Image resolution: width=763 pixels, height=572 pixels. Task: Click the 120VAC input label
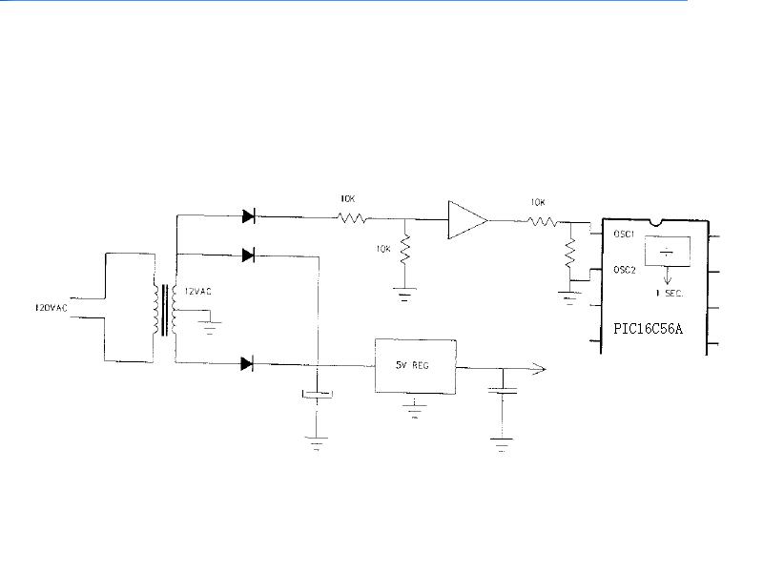(52, 308)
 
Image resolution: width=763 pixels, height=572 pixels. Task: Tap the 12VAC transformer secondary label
(197, 292)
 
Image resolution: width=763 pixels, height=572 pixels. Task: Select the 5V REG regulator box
(416, 366)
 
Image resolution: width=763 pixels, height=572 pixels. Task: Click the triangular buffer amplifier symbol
(467, 220)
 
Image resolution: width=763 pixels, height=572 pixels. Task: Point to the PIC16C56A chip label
(648, 329)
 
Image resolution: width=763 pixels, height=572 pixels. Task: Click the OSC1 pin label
(624, 234)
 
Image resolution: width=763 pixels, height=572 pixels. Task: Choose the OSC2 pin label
(625, 270)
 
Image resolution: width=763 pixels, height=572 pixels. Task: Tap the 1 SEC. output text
(670, 294)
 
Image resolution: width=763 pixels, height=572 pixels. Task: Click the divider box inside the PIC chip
(667, 252)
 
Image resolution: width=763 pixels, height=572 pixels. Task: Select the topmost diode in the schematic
(249, 216)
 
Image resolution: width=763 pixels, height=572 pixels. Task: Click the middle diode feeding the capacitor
(248, 255)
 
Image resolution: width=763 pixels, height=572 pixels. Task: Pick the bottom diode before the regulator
(247, 363)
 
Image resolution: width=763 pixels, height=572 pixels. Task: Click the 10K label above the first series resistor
(347, 199)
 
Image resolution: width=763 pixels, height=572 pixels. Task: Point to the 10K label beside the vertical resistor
(383, 249)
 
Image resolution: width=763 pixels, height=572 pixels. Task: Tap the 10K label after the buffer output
(538, 202)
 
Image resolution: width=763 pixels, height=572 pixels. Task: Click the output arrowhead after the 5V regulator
(540, 369)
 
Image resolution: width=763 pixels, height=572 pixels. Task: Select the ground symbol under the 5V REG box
(415, 409)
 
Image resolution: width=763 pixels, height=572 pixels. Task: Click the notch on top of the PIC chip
(656, 223)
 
